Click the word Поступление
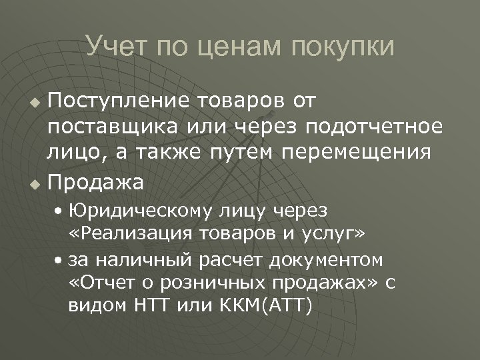(x=118, y=101)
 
